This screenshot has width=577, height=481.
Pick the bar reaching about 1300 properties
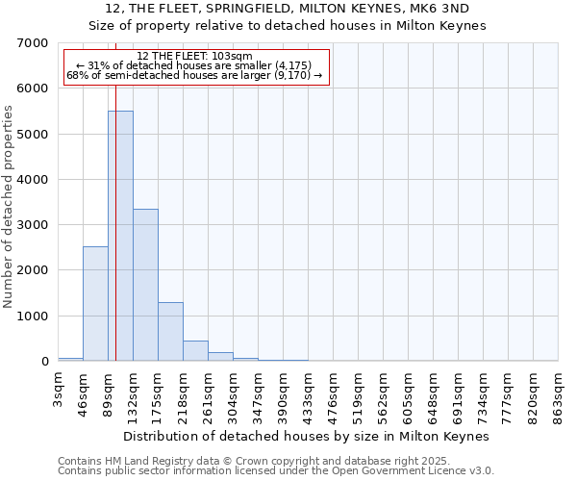point(170,331)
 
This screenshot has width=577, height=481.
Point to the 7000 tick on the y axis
point(33,43)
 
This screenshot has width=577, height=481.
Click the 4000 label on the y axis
point(33,180)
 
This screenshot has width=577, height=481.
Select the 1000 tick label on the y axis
point(33,316)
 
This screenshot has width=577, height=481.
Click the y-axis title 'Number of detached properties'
point(10,207)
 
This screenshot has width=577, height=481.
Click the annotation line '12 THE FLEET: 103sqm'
point(195,57)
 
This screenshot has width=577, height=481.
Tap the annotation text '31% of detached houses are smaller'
point(195,65)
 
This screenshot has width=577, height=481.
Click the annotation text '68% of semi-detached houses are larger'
point(195,75)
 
